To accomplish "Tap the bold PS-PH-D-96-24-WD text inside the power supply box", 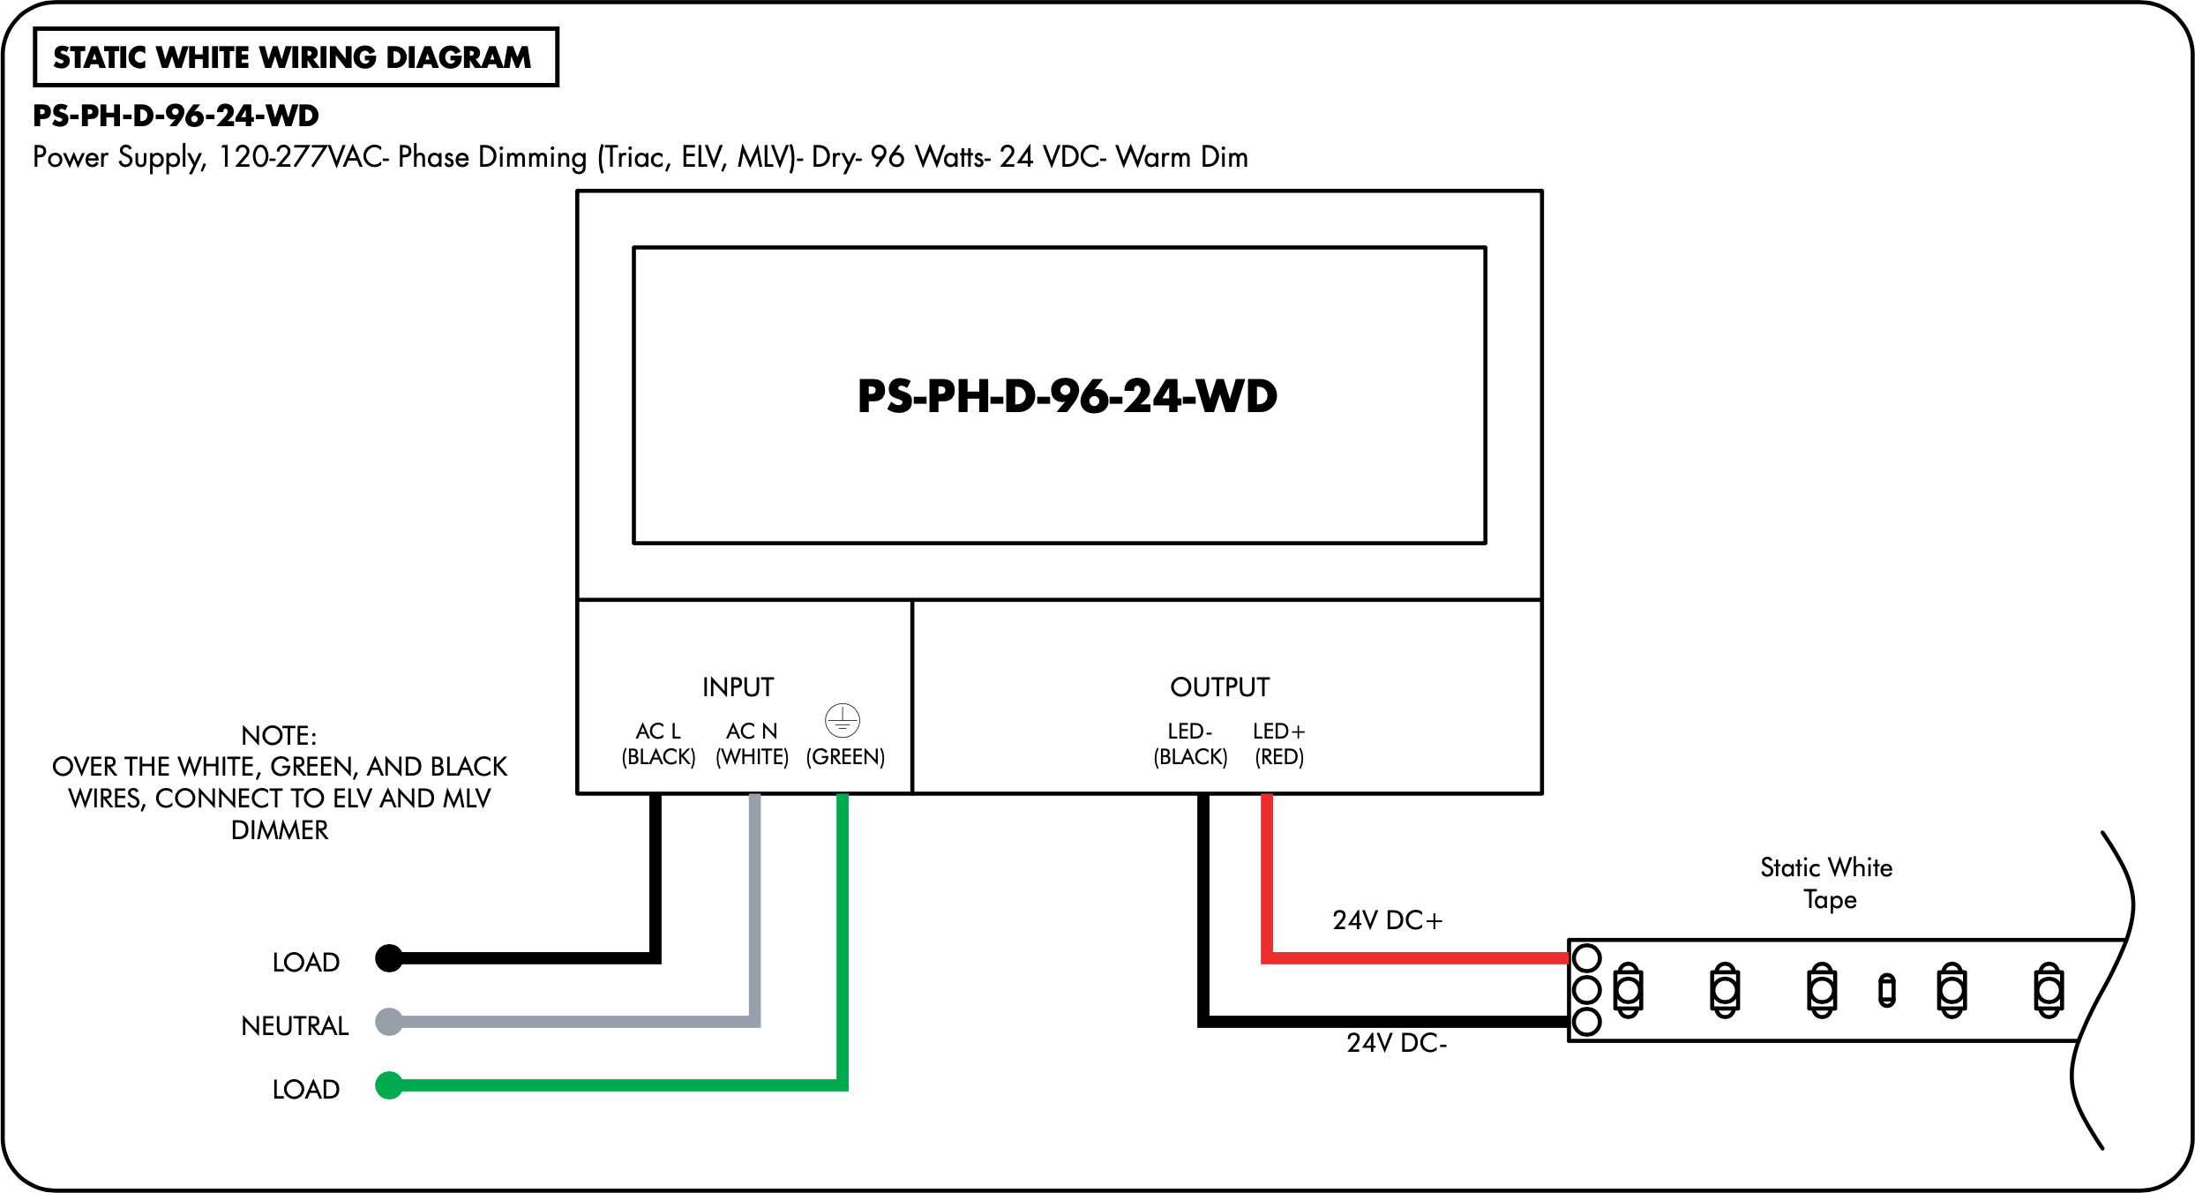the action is (x=1068, y=396).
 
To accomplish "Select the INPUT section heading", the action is (x=738, y=687).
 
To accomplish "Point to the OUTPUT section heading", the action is (x=1219, y=687).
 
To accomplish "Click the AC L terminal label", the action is (x=658, y=732).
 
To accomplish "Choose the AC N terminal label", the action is (x=752, y=732).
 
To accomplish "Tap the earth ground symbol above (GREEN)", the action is (x=843, y=720).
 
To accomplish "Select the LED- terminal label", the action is (x=1190, y=732).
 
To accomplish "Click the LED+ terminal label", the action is (x=1278, y=732).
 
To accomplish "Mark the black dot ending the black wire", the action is (x=389, y=958).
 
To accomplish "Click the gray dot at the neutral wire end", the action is (x=389, y=1022).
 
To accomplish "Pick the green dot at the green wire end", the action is (x=389, y=1085).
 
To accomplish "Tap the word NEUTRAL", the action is (x=295, y=1026).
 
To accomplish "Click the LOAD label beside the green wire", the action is (x=305, y=1090).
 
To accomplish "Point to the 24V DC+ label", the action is (x=1387, y=920).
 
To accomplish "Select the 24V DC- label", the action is (x=1397, y=1043).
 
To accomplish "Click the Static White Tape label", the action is (x=1827, y=883).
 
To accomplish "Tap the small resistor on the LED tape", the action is (x=1887, y=990).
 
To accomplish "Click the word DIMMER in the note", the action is (x=280, y=830).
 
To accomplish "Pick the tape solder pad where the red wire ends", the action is (x=1586, y=958).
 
